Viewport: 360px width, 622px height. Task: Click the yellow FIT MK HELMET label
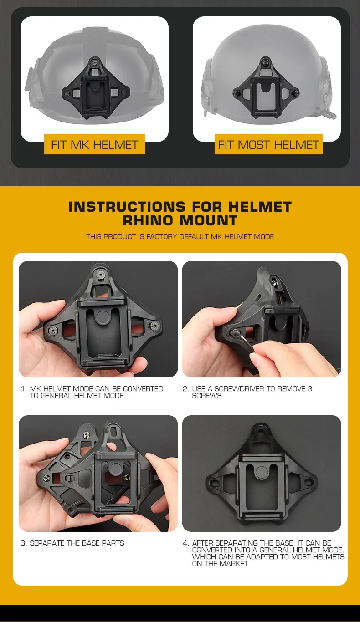click(x=94, y=144)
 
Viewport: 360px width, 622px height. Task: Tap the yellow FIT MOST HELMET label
click(x=268, y=144)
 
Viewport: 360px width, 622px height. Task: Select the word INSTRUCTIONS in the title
click(x=127, y=207)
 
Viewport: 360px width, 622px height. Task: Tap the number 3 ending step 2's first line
click(x=310, y=389)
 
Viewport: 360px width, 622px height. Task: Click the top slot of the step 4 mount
click(x=261, y=433)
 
